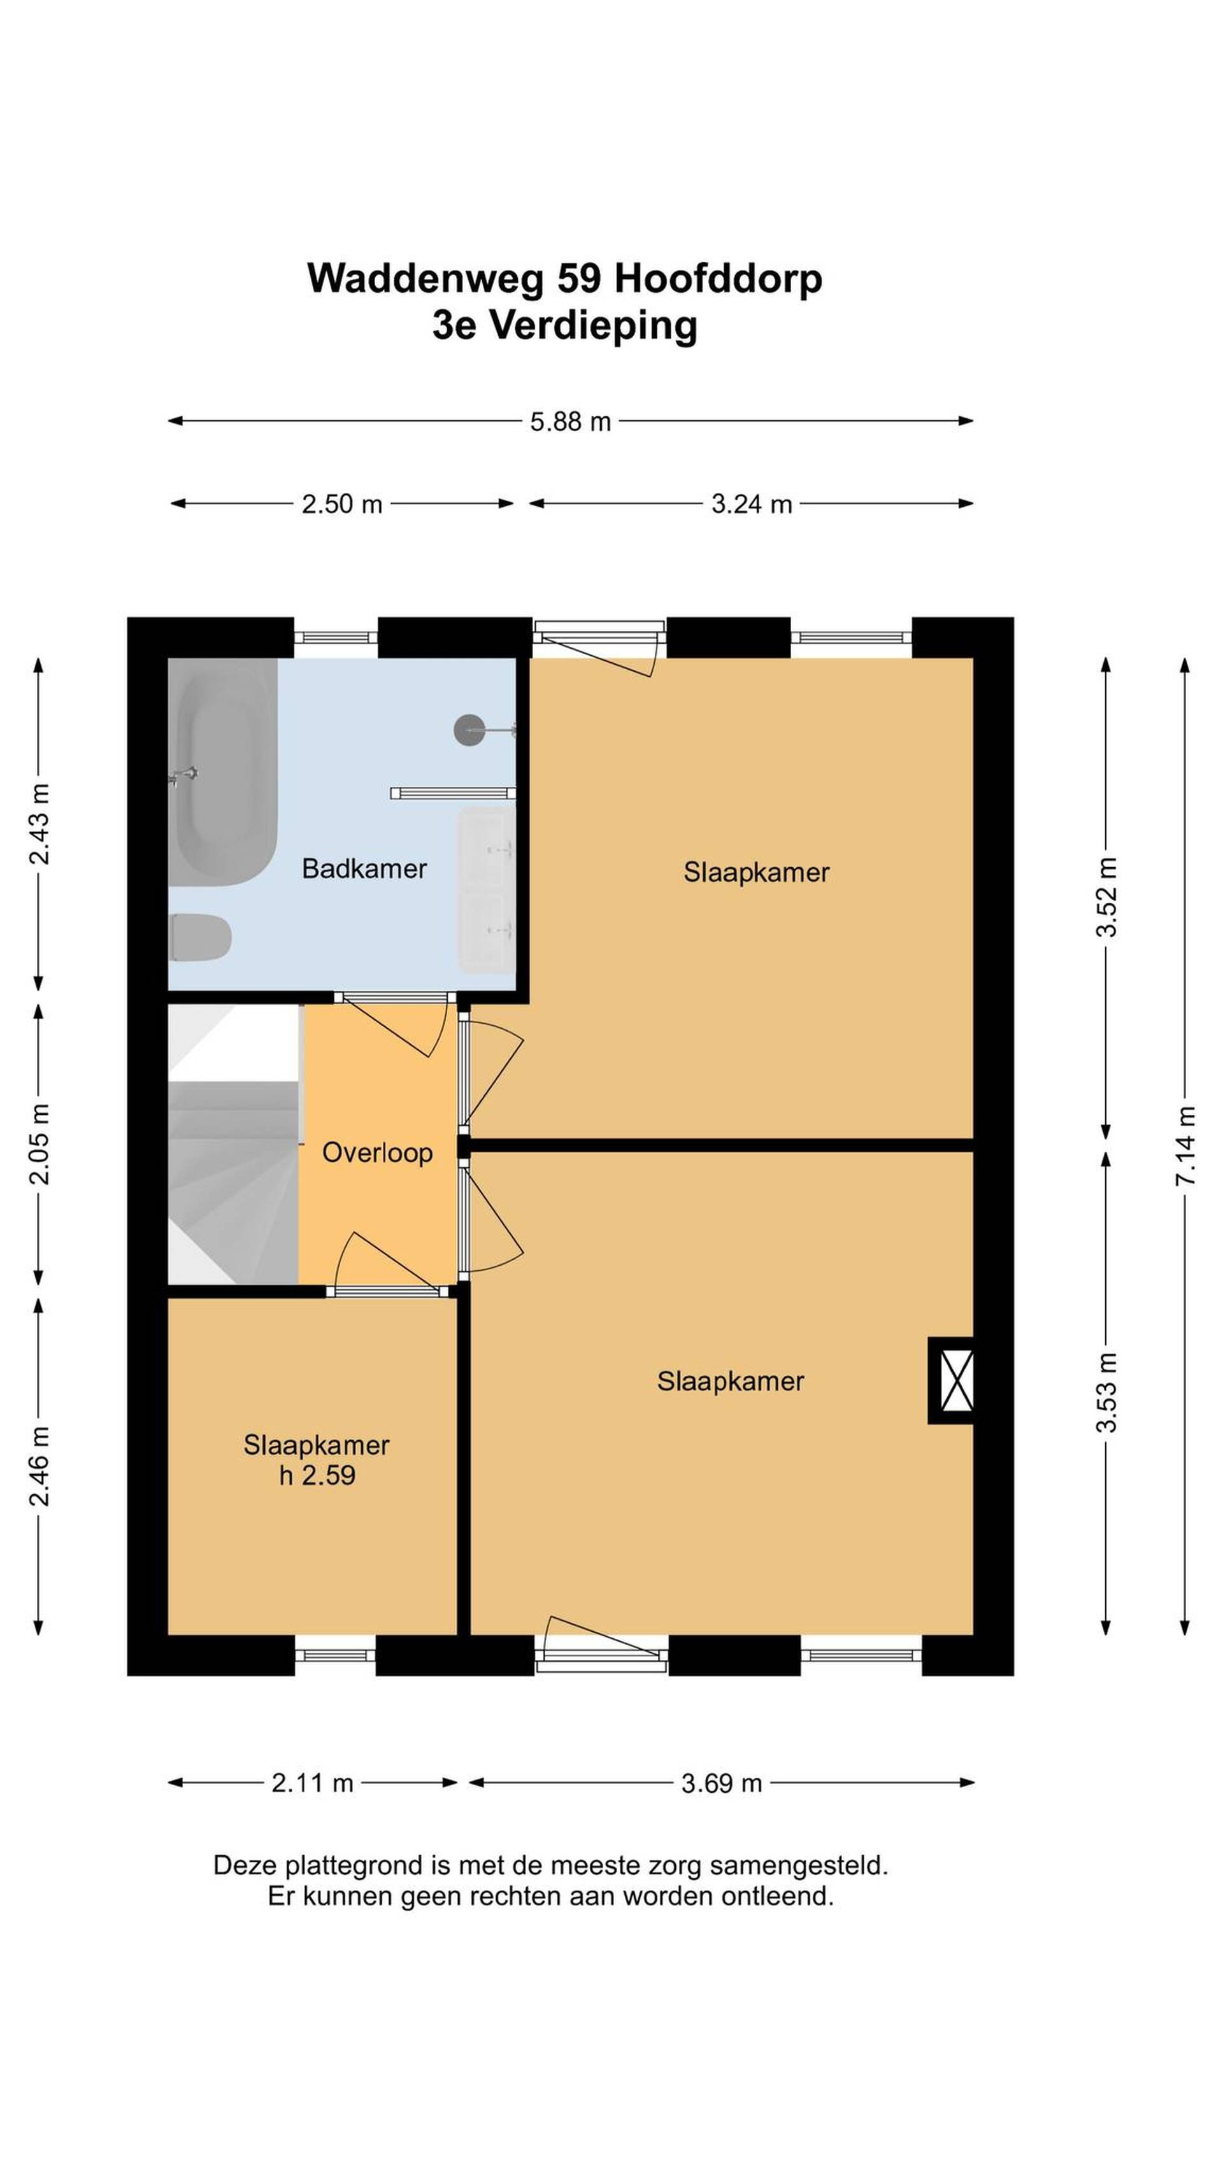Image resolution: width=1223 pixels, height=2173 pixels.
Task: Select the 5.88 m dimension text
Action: click(x=571, y=421)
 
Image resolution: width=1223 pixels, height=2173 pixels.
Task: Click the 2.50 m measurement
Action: click(x=342, y=504)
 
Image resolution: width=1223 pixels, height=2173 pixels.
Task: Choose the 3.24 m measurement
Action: click(x=751, y=504)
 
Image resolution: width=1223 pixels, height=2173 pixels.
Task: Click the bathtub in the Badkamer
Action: click(x=223, y=772)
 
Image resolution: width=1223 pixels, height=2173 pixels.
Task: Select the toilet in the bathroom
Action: click(x=200, y=937)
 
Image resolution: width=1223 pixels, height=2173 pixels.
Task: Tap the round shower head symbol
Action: click(x=469, y=730)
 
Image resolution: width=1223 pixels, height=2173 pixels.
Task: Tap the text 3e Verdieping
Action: click(x=564, y=325)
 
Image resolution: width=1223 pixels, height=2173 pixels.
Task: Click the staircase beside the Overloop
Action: click(x=234, y=1144)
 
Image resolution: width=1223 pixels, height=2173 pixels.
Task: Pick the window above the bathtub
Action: click(x=336, y=638)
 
